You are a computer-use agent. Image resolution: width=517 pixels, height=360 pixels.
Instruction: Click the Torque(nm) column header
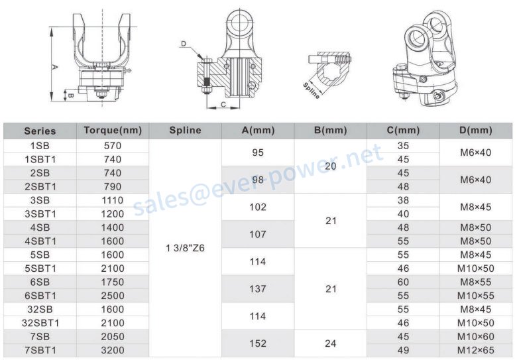(113, 131)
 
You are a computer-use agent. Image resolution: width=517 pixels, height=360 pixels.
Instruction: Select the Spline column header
(186, 130)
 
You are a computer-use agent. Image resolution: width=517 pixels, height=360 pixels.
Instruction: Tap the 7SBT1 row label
(40, 350)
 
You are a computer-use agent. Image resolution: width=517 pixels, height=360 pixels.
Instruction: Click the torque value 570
(113, 146)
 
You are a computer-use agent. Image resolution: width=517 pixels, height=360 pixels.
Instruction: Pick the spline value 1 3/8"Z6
(186, 248)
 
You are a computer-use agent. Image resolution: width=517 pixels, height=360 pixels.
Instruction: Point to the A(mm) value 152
(258, 343)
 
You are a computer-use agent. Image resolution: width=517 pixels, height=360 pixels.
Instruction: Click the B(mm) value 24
(330, 343)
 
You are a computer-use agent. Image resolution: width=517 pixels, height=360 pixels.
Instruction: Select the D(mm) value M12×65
(476, 350)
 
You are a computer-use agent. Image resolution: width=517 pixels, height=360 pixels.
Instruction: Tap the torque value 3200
(113, 350)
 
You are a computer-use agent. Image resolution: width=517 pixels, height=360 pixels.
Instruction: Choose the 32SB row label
(40, 309)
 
